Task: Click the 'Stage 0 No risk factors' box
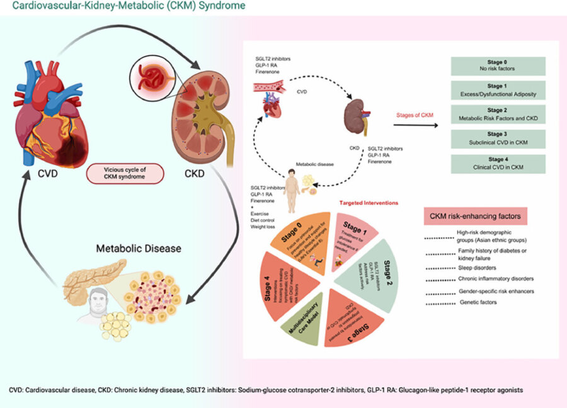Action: (498, 66)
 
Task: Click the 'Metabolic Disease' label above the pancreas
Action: (138, 248)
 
